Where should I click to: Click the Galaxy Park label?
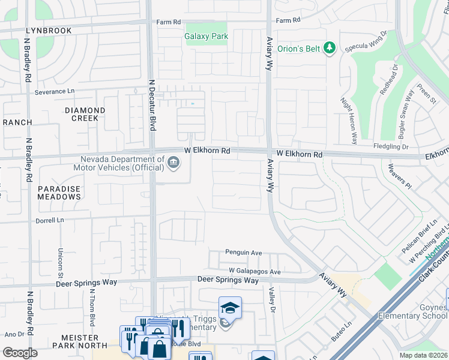[x=206, y=37]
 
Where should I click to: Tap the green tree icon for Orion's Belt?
[x=329, y=48]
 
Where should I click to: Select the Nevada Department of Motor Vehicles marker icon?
[x=173, y=163]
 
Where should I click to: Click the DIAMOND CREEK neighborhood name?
[x=85, y=114]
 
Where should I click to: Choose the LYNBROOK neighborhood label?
[x=49, y=31]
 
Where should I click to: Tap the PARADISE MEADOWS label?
[x=59, y=193]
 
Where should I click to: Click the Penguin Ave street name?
[x=244, y=253]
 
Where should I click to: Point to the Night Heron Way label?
[x=349, y=121]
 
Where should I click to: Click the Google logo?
[x=20, y=353]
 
